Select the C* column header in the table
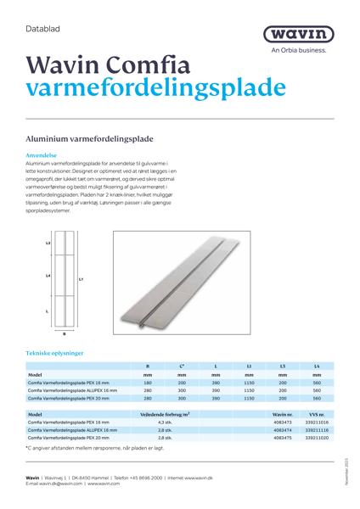(181, 366)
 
